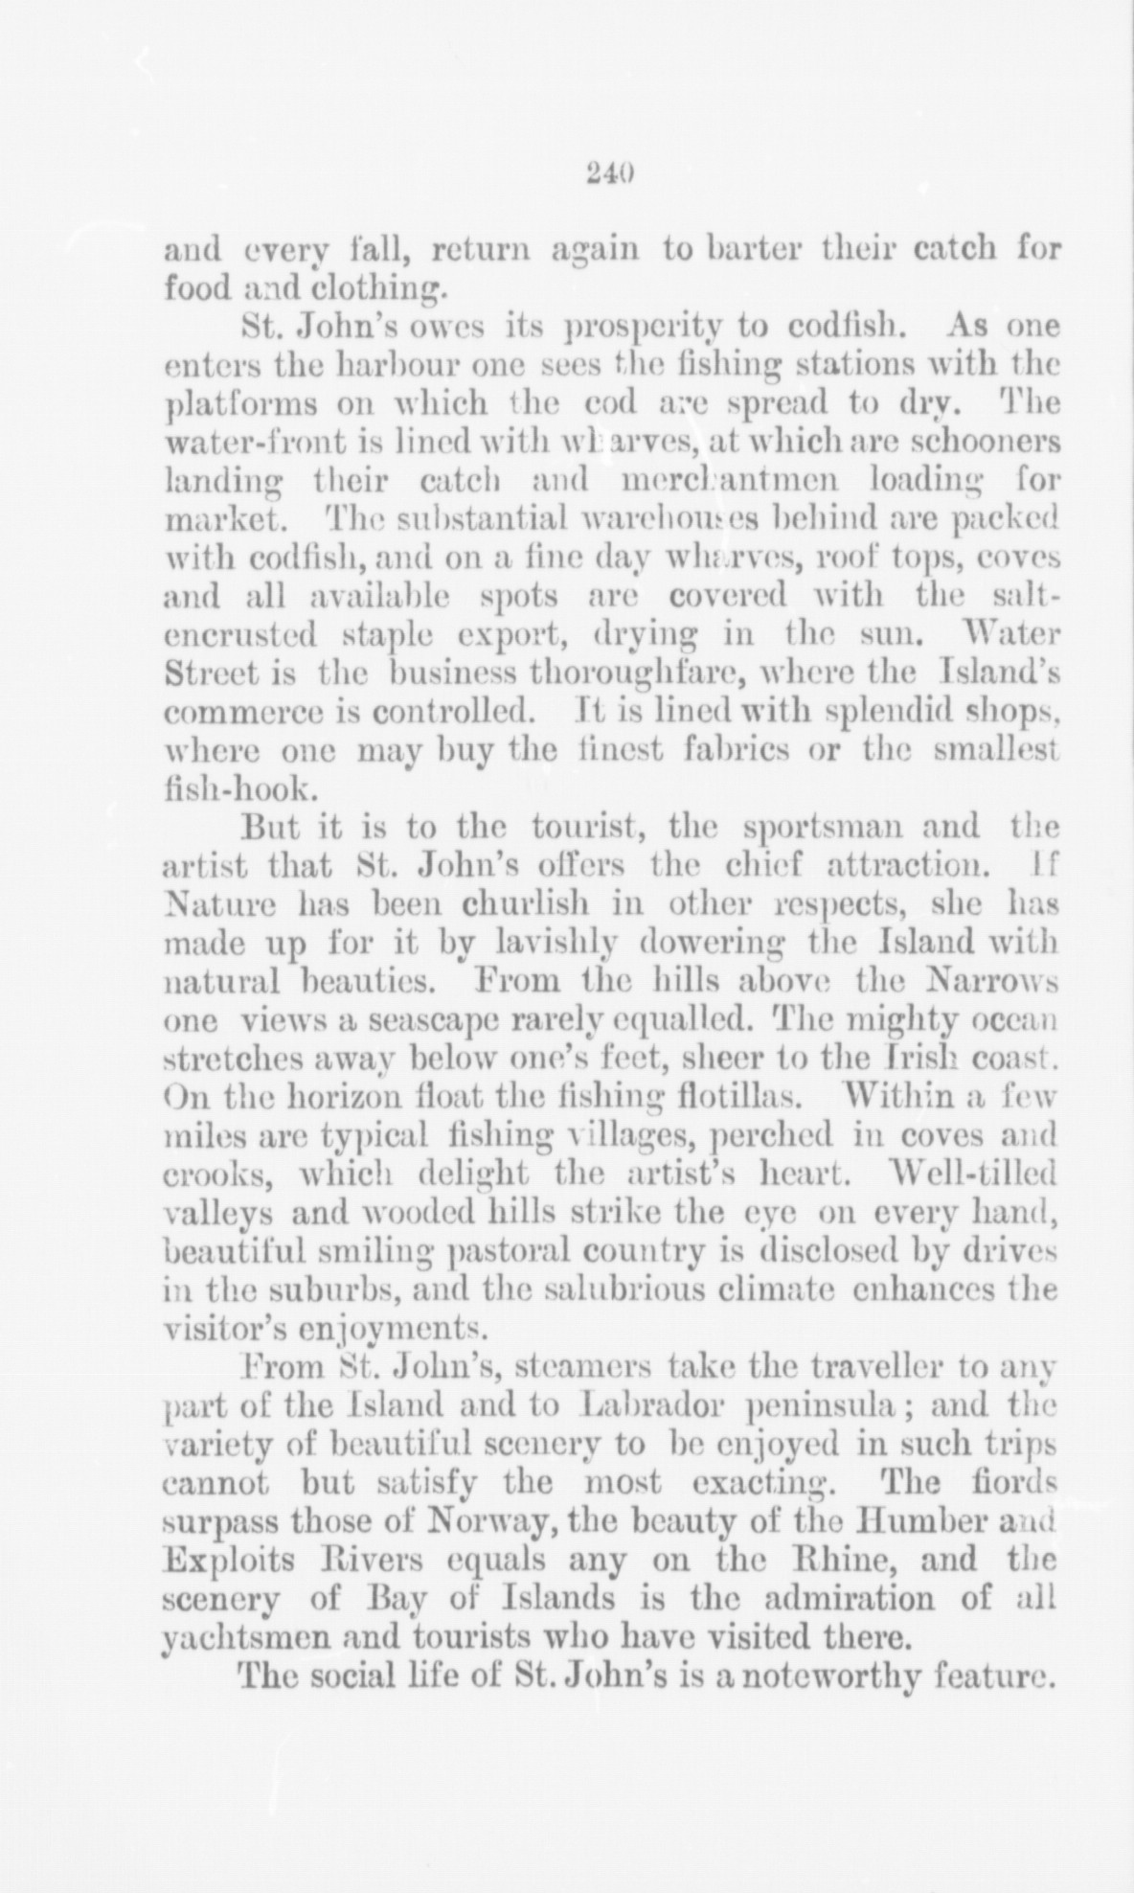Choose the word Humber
913,1521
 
